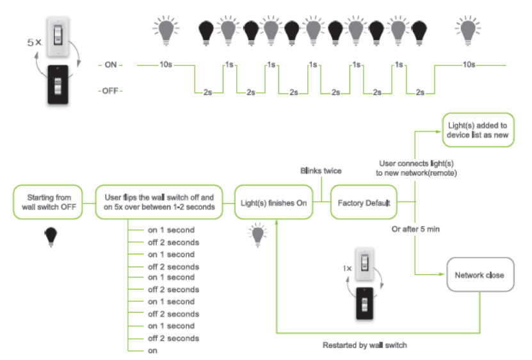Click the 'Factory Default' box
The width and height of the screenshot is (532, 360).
[x=364, y=203]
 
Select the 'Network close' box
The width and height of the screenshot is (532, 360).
[x=480, y=275]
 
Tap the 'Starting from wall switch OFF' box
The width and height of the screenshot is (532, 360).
[x=49, y=203]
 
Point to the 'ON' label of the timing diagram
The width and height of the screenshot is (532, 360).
[x=111, y=65]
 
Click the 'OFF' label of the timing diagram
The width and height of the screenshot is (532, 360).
[x=111, y=91]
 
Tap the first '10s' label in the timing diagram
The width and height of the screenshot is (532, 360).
[x=165, y=65]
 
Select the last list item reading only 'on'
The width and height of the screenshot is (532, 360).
[x=153, y=350]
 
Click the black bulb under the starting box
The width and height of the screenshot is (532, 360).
[x=49, y=236]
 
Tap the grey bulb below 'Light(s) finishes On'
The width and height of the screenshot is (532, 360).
[x=259, y=234]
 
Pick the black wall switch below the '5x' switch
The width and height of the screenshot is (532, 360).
[x=59, y=85]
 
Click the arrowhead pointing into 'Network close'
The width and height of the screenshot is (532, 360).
[x=444, y=275]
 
